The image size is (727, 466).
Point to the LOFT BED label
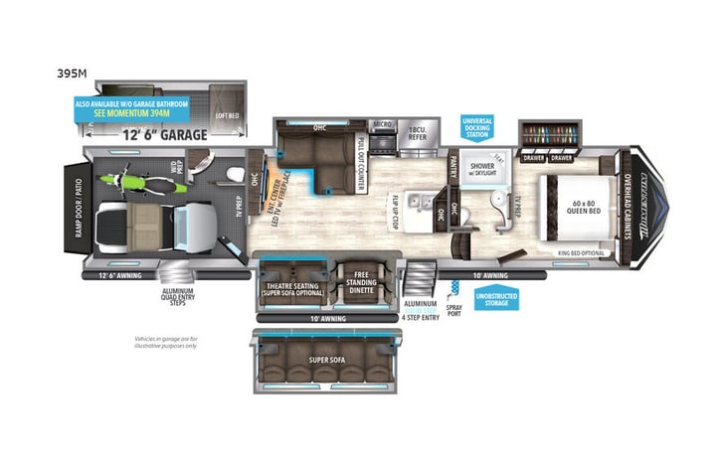click(x=228, y=115)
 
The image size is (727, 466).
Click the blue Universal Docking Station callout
click(x=477, y=129)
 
